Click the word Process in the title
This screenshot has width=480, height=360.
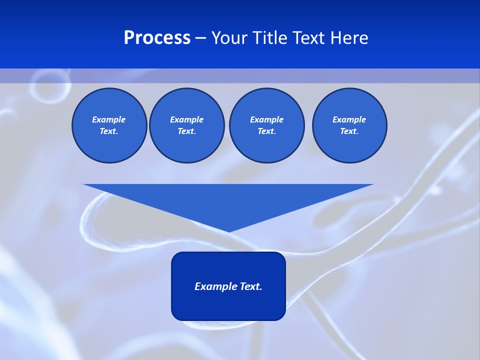point(157,38)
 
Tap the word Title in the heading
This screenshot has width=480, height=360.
point(270,38)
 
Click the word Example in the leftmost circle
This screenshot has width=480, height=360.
point(109,119)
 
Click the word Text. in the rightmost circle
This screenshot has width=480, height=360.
point(349,131)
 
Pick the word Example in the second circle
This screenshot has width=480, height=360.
point(186,119)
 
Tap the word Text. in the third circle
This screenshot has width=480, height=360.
point(266,131)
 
